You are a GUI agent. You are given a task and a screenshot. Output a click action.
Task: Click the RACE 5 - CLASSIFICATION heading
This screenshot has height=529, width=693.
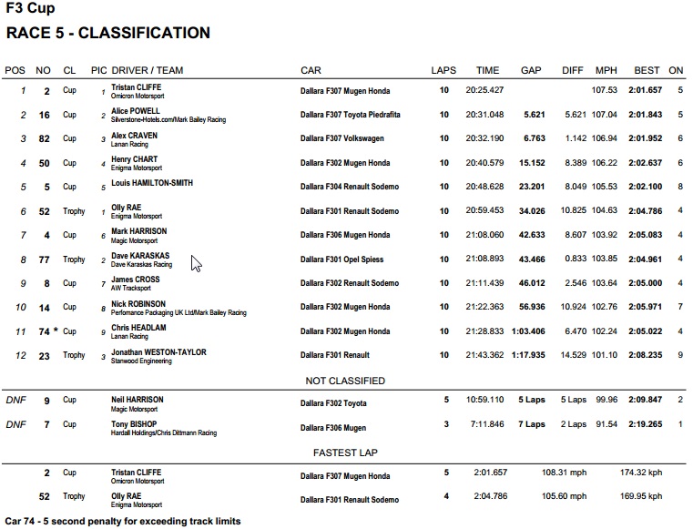click(107, 34)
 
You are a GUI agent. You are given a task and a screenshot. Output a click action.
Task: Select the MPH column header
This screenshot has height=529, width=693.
click(606, 70)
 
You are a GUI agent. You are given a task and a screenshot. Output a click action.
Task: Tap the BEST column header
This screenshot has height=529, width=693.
click(647, 70)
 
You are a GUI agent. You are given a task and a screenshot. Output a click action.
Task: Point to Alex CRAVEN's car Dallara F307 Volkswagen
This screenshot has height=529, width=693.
click(342, 138)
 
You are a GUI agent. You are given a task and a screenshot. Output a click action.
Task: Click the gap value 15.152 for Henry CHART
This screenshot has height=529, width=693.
click(532, 163)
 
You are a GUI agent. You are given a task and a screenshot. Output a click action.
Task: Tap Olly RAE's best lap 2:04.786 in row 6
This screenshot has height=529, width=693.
click(646, 211)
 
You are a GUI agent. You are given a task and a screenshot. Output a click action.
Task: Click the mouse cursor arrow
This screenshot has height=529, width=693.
click(195, 263)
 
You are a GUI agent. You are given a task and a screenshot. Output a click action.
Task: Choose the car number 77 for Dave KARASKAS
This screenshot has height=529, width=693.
click(43, 259)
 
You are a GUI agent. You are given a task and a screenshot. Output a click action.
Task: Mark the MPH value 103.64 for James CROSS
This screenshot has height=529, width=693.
click(605, 283)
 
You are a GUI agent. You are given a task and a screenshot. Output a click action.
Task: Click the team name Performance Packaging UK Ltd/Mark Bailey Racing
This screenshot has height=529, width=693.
click(178, 312)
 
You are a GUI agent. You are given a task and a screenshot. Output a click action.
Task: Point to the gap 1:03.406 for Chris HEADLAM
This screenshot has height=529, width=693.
click(527, 331)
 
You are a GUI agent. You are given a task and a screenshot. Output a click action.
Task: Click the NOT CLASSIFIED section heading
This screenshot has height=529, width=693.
click(346, 381)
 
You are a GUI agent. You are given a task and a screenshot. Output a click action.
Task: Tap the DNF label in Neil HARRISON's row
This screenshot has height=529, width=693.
click(15, 400)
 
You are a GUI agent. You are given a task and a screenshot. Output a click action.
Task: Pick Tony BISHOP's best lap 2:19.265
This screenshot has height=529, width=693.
click(646, 424)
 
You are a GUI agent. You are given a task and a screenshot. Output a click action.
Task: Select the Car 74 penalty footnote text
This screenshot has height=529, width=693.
click(123, 522)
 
